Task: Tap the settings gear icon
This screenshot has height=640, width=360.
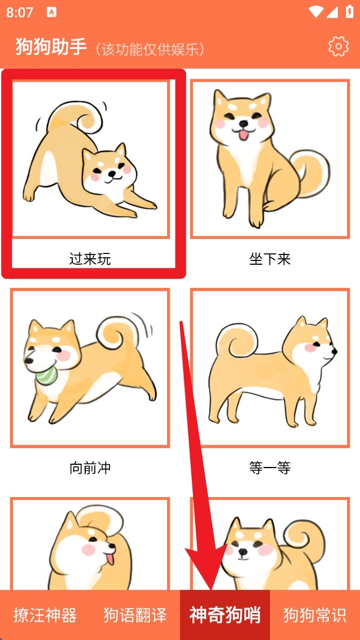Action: pos(338,46)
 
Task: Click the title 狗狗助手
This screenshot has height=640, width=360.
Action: pos(51,46)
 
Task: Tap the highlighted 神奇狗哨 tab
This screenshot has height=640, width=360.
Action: pos(225,615)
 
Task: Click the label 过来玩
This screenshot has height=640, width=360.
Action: pos(90,259)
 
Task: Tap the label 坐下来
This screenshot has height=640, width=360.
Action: pos(270,259)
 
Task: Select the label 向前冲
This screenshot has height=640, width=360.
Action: pos(90,468)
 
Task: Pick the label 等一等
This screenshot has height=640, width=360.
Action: pos(270,468)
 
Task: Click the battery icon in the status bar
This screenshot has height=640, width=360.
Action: pos(349,12)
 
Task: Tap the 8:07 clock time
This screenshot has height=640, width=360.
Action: pos(19,12)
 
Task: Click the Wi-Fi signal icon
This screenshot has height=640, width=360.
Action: pos(316,12)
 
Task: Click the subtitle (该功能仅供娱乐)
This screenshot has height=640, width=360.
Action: pos(150,50)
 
